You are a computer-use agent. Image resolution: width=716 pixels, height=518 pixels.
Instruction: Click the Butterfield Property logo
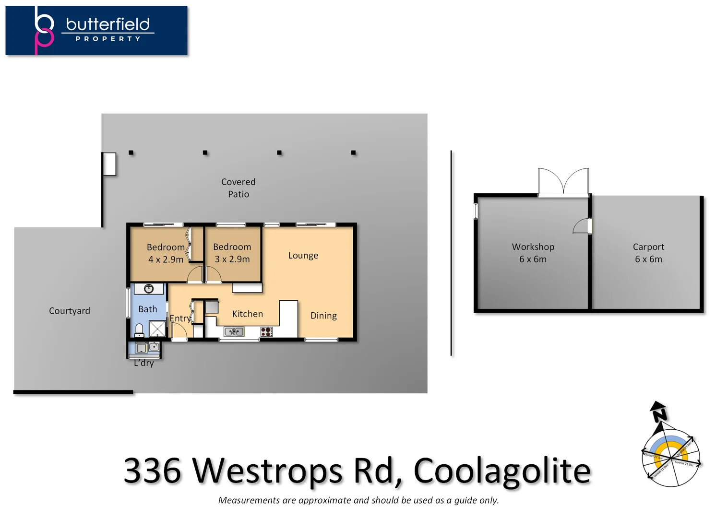(96, 30)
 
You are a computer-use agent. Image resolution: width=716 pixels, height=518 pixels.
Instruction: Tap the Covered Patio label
(238, 188)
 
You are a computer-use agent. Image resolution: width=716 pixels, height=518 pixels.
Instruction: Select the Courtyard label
(69, 311)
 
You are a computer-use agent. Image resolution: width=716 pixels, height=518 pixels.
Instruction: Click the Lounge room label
(303, 256)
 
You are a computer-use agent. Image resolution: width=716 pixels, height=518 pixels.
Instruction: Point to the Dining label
(323, 316)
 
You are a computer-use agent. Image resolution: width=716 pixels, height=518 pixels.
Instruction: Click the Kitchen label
(247, 314)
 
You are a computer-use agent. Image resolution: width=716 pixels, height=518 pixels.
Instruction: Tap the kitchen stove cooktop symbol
(266, 331)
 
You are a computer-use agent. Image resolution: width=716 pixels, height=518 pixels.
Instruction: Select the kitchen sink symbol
(234, 331)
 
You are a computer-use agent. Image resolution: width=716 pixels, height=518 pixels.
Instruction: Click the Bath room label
(147, 309)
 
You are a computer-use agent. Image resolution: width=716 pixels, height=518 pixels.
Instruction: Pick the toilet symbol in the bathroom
(139, 330)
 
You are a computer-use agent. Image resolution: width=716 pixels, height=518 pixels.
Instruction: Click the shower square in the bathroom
(157, 329)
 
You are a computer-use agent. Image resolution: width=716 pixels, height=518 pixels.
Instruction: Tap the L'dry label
(143, 363)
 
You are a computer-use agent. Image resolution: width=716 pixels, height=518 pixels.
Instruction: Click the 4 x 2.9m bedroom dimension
(166, 259)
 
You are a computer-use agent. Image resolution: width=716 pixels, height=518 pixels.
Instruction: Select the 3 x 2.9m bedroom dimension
(232, 259)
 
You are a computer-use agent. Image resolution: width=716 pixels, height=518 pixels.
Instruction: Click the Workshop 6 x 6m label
(533, 253)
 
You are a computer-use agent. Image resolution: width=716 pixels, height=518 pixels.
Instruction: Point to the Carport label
(648, 247)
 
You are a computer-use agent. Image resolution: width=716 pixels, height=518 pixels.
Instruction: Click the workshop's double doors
(563, 182)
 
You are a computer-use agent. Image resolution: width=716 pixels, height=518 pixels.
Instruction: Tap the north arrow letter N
(659, 413)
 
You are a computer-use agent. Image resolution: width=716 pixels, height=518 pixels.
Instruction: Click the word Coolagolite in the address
(501, 471)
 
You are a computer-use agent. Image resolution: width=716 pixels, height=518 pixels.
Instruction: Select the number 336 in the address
(153, 471)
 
